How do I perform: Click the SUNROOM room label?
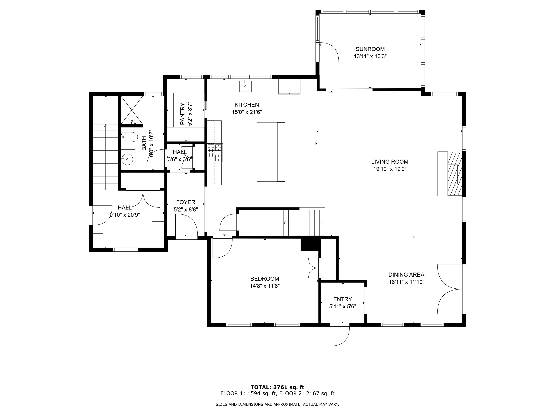point(370,49)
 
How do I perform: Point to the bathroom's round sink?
point(127,159)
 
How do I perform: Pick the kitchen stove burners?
point(215,153)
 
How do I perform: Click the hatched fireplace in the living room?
point(455,174)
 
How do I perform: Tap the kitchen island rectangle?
point(271,152)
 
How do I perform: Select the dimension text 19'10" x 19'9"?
point(390,169)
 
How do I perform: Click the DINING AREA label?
point(406,275)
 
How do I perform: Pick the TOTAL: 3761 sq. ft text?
point(277,387)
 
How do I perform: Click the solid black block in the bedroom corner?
point(310,244)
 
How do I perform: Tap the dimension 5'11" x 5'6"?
point(342,306)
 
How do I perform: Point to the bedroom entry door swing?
point(222,248)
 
